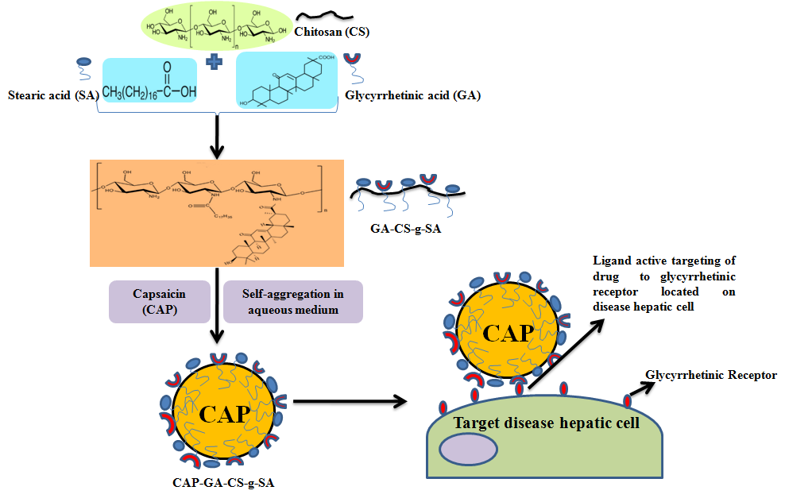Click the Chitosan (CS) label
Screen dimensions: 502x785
click(x=332, y=33)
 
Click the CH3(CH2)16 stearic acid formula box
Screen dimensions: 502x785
click(x=149, y=85)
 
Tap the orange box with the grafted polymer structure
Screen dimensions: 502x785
click(x=217, y=212)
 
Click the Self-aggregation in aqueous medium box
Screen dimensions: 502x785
click(x=292, y=301)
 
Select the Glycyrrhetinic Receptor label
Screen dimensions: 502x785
click(x=710, y=376)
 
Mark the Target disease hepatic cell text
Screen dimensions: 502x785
click(x=546, y=423)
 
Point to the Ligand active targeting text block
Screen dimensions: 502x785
click(x=663, y=284)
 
